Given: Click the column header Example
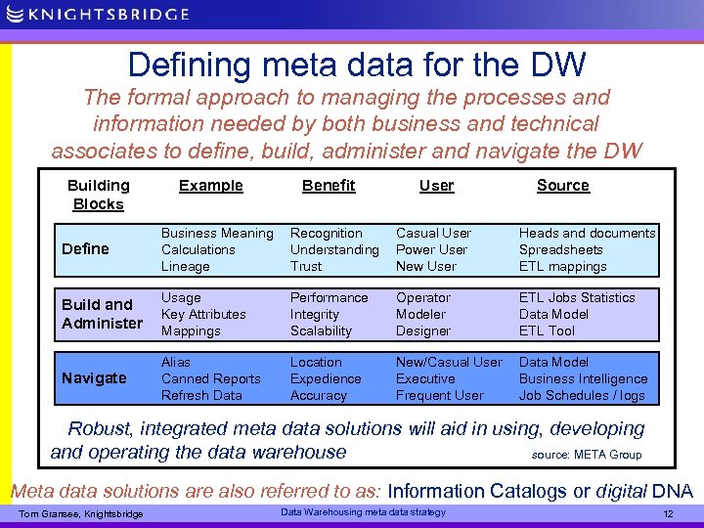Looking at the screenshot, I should tap(211, 186).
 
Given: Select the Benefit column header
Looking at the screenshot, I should tap(329, 186).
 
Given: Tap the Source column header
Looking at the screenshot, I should tap(563, 186).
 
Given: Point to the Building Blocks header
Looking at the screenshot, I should tap(98, 195).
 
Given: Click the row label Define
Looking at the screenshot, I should tap(85, 249).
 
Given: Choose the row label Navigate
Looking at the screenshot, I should tap(94, 378).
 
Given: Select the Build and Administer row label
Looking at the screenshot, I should tap(102, 314).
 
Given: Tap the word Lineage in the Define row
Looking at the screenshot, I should tap(186, 266).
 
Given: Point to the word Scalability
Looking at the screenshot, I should tap(321, 330).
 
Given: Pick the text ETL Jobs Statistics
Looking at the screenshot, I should tap(577, 297).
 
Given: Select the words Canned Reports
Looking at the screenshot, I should tap(211, 378).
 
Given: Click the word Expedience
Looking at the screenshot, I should tap(326, 378).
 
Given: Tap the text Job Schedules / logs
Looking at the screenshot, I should tap(583, 395).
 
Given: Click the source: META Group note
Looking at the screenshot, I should tap(587, 455).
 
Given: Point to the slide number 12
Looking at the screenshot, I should tap(669, 513).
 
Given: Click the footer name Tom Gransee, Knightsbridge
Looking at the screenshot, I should tap(81, 514).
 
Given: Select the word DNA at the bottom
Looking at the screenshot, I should tap(673, 491).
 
